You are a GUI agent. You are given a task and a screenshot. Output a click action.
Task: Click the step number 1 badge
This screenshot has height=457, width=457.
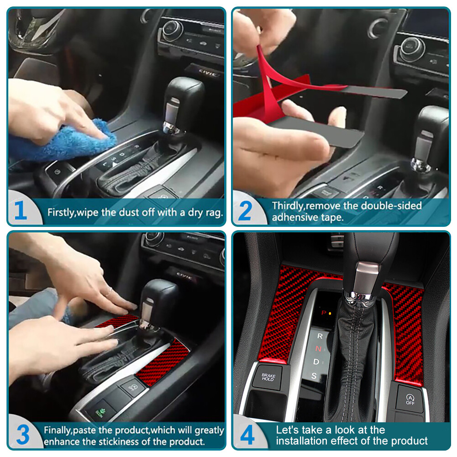coord(21,211)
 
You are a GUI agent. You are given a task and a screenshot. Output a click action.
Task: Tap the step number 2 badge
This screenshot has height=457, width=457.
coord(245,211)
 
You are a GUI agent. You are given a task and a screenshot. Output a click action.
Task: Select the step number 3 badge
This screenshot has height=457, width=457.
coord(22,435)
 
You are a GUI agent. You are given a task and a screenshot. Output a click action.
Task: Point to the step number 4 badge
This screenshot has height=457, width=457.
coord(247,435)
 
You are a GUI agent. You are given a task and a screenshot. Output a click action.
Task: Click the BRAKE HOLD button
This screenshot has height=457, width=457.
coord(268,377)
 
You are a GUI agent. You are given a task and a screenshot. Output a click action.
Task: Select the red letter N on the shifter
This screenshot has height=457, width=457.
coord(319,349)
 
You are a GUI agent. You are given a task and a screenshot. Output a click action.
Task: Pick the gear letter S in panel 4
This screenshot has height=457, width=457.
coord(314,376)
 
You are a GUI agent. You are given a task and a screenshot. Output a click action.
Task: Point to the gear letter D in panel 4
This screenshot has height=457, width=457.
coord(316,362)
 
